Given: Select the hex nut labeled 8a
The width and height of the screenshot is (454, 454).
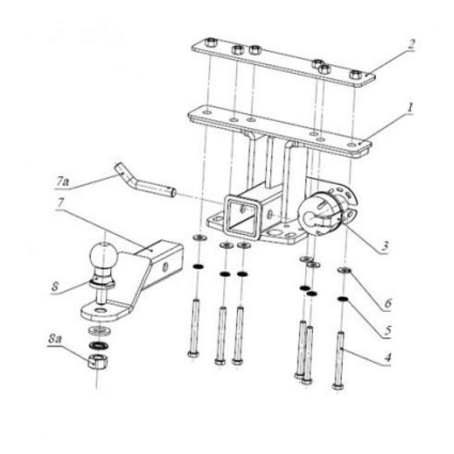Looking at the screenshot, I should coord(97,362).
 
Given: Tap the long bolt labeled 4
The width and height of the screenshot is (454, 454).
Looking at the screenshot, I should coord(340,360).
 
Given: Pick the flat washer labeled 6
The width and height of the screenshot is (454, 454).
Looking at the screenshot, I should coord(345,270).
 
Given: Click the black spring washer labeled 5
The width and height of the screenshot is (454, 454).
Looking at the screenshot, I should coord(342,299).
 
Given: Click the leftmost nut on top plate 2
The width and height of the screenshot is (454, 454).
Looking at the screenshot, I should coord(211,44).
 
